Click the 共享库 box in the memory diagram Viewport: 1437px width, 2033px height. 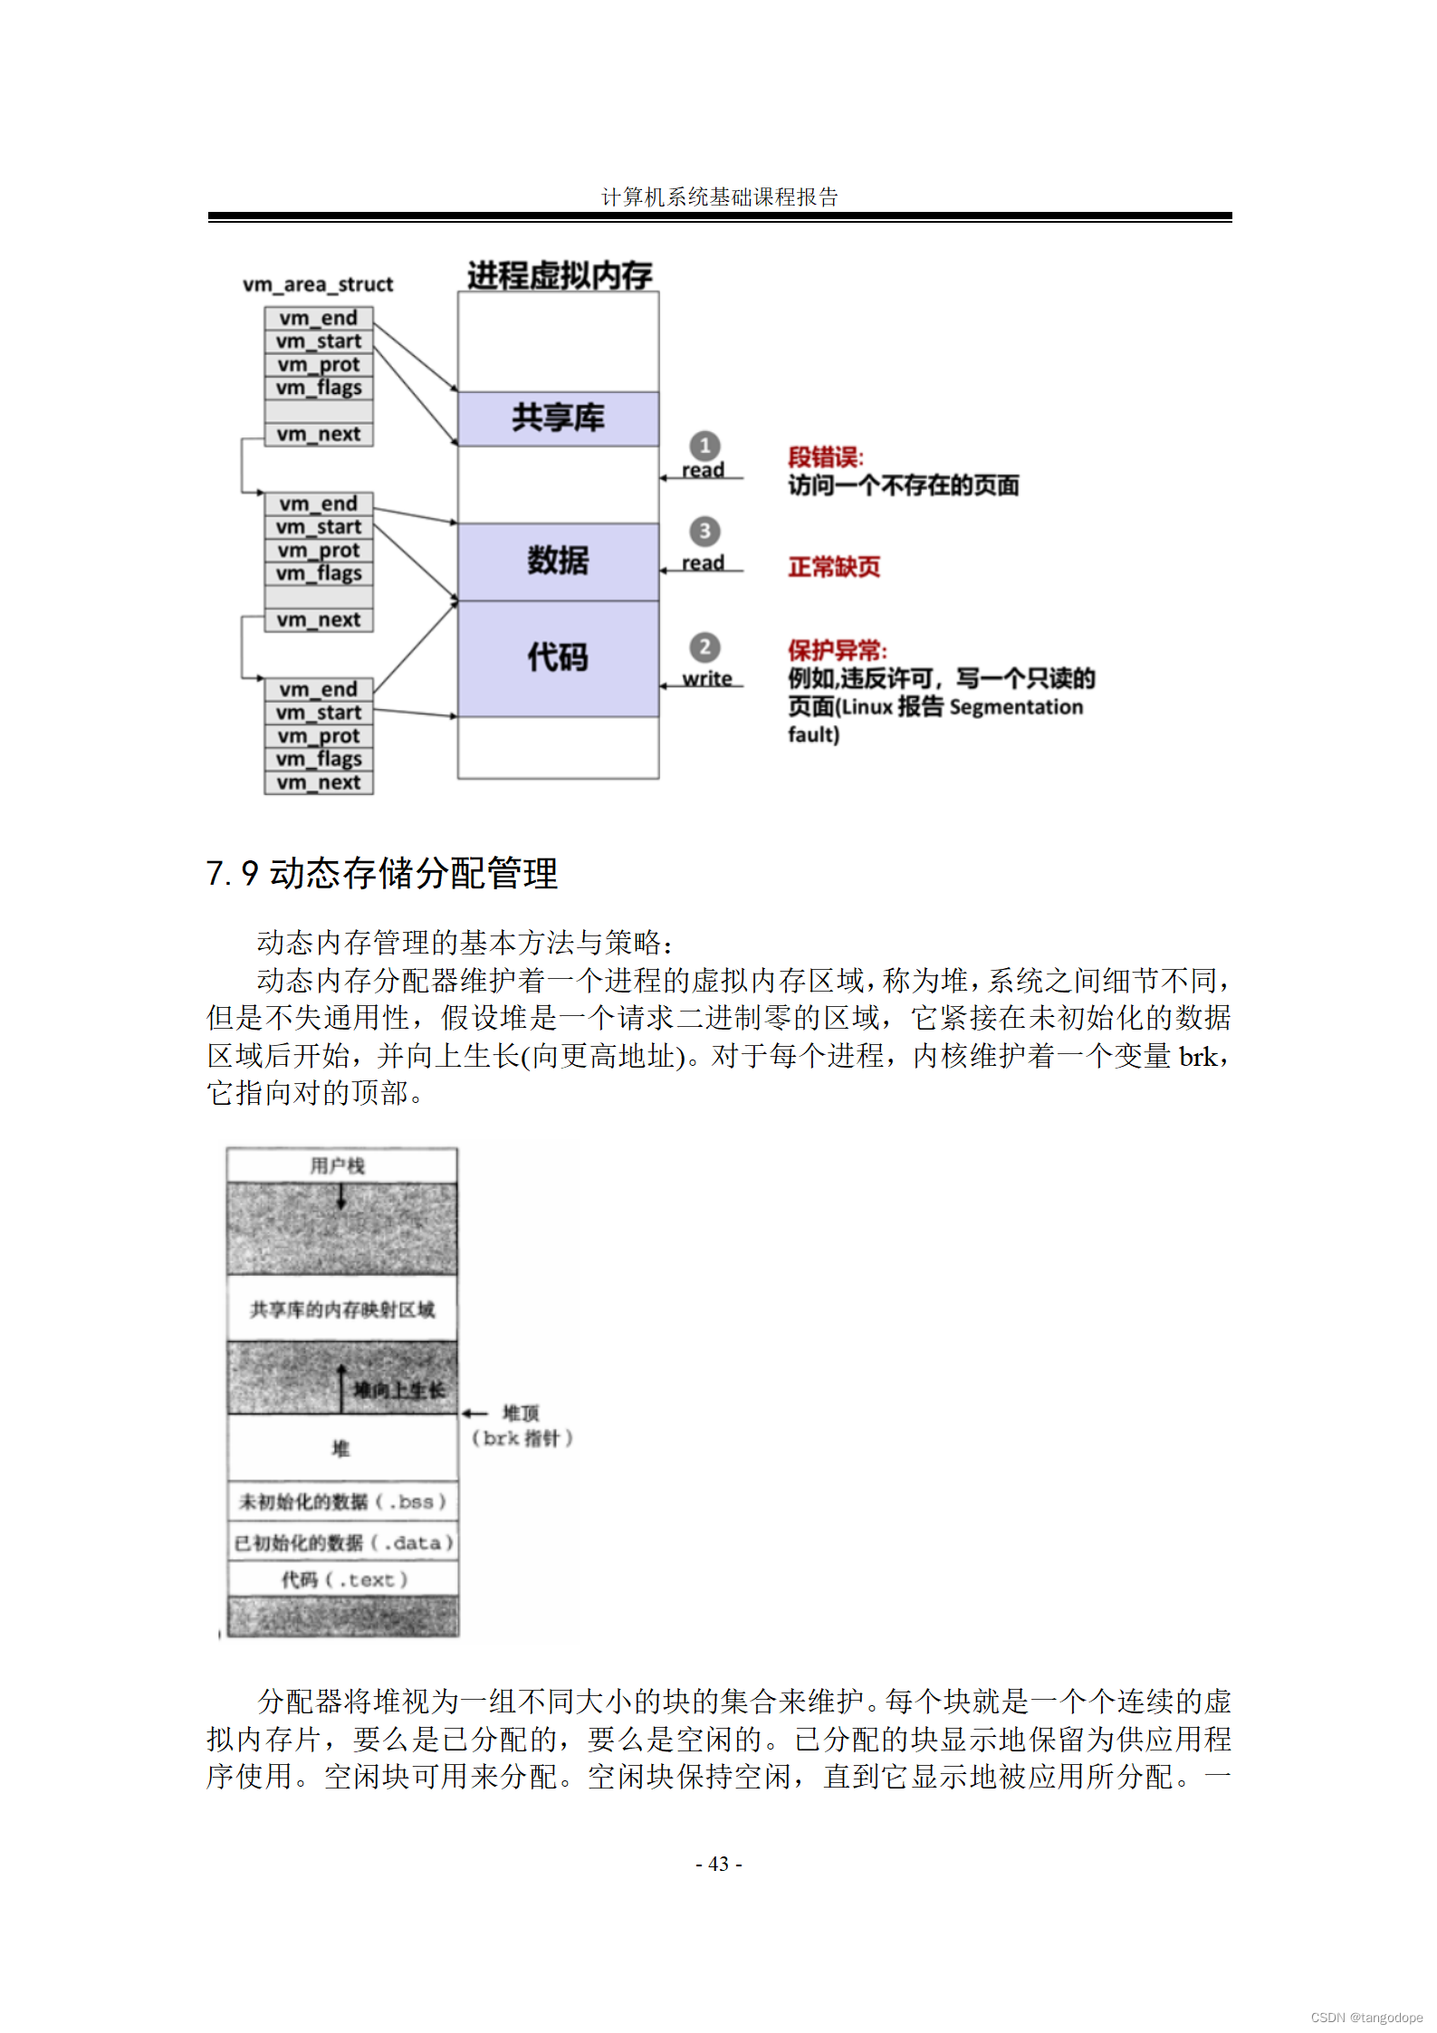(558, 418)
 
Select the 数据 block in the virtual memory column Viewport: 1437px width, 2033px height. (558, 561)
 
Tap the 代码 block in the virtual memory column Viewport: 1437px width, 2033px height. (558, 657)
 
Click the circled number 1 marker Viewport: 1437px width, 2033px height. (704, 446)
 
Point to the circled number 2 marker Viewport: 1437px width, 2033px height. (704, 647)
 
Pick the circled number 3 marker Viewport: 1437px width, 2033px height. (704, 532)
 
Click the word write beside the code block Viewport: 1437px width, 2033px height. (707, 678)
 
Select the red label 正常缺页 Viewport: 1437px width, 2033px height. (834, 567)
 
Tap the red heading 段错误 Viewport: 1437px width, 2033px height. (825, 457)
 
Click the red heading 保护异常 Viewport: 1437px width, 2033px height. (837, 650)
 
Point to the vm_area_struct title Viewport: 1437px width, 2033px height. (318, 284)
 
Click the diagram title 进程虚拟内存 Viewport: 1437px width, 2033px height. (560, 274)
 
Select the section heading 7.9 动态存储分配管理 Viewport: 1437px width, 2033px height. (381, 873)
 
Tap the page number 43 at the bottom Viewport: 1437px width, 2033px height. (719, 1864)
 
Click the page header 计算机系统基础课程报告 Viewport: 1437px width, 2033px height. (720, 197)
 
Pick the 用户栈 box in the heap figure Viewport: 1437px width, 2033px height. (341, 1165)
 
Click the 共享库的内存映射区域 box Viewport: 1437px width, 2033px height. (341, 1309)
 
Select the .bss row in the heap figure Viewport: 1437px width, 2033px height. (341, 1501)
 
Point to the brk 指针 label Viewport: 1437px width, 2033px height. (522, 1438)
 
